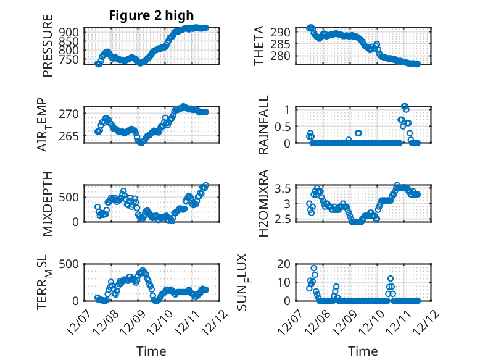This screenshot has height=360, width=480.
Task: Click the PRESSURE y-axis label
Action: pyautogui.click(x=48, y=51)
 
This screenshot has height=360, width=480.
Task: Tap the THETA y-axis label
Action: pyautogui.click(x=259, y=46)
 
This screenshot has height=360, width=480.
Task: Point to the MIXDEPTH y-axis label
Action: pyautogui.click(x=48, y=204)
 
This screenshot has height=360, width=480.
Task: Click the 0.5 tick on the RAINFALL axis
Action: pyautogui.click(x=281, y=127)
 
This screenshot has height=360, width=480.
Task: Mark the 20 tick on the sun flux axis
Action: pyautogui.click(x=283, y=264)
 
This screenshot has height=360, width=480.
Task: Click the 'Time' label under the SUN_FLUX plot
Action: pyautogui.click(x=363, y=351)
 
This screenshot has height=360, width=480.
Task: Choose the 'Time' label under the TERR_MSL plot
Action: pyautogui.click(x=151, y=351)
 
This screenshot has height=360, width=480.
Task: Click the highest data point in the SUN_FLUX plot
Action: pyautogui.click(x=313, y=269)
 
